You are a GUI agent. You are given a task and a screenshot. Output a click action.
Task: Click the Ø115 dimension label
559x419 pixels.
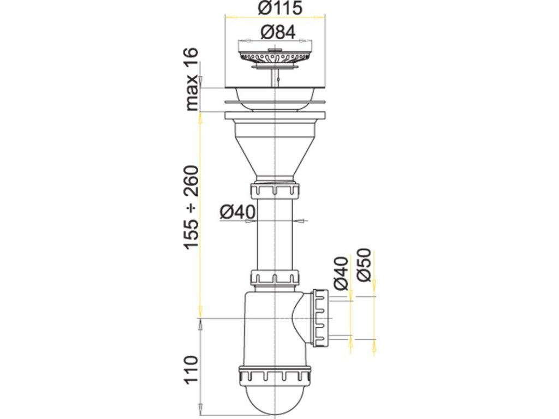coord(280,8)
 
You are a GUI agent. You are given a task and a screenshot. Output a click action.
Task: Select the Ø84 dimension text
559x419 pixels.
coord(278,33)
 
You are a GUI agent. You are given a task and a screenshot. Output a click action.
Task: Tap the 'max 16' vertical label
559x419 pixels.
coord(192,80)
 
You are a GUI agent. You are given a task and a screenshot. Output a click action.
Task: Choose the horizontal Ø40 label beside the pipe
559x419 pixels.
coord(237,213)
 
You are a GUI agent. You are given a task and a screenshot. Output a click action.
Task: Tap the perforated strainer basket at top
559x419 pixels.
coord(275,56)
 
